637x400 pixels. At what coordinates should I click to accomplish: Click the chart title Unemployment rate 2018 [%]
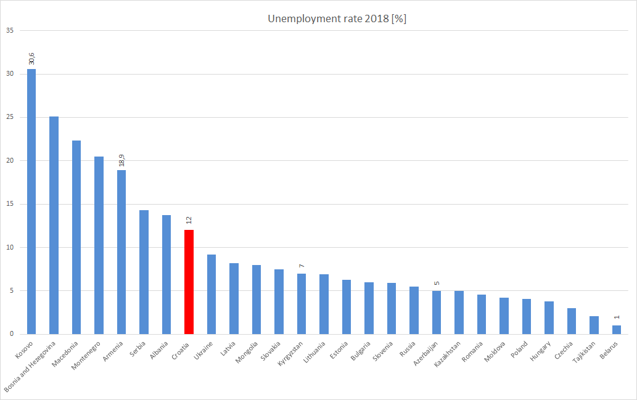[337, 19]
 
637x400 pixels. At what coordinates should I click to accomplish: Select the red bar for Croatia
[189, 282]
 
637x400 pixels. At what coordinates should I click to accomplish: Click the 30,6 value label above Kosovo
[31, 58]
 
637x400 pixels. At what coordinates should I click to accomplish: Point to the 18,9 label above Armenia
[121, 160]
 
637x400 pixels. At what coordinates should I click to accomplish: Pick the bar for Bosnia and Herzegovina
[54, 225]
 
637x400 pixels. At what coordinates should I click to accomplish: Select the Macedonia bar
[76, 237]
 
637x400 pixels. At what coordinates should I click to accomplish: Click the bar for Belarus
[617, 330]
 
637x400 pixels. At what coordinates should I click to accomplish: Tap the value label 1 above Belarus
[617, 317]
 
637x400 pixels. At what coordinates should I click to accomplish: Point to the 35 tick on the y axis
[10, 30]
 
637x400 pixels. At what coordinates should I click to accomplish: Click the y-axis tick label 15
[10, 204]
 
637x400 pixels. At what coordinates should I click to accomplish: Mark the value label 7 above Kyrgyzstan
[302, 266]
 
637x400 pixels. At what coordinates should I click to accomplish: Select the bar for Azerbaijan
[437, 312]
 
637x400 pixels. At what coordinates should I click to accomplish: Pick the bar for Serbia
[144, 272]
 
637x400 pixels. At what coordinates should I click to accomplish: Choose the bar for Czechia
[572, 321]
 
